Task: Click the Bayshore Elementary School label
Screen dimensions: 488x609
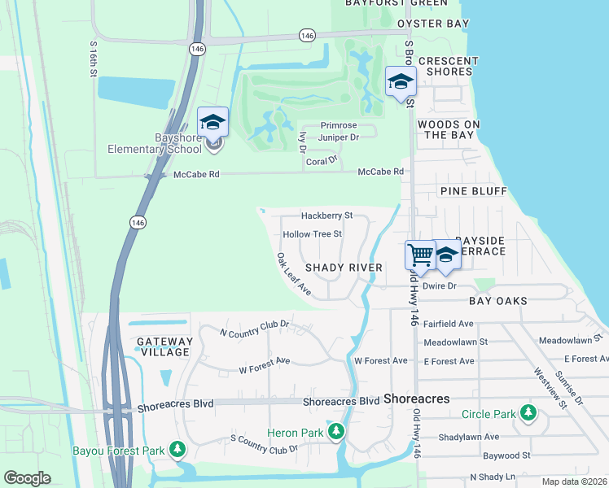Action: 156,143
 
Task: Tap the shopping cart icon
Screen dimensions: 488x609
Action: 420,255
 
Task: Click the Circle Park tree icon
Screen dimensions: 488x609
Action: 529,413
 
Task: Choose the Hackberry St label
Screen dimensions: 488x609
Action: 326,216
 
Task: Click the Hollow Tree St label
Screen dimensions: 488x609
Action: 312,234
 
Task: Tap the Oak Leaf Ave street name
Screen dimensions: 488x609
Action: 293,273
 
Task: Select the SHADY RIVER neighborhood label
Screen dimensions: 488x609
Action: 344,268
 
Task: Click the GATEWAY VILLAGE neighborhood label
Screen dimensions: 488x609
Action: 165,346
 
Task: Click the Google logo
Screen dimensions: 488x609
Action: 28,477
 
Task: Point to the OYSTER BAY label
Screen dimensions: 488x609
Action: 433,24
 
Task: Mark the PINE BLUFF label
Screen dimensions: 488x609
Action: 473,191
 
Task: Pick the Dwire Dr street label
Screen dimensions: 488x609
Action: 440,286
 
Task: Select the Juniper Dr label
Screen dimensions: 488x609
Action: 340,137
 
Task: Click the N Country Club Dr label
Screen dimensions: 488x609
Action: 256,329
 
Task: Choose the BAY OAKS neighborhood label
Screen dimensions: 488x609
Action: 498,301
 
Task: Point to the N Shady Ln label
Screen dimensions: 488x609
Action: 493,477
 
